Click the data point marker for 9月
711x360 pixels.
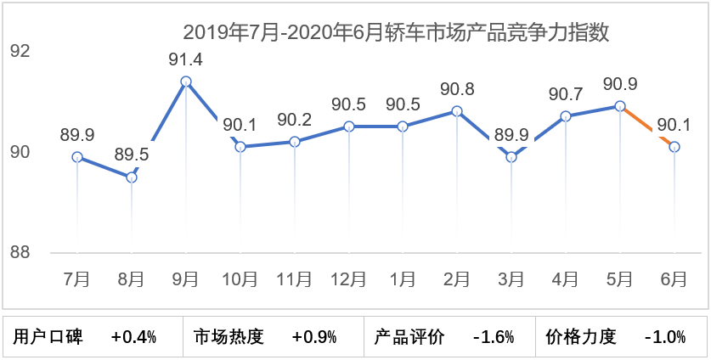click(x=186, y=82)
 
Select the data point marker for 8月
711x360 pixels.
click(x=132, y=177)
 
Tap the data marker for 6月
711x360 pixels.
click(x=674, y=147)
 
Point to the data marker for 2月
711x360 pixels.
click(x=457, y=111)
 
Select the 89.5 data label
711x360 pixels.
click(x=132, y=155)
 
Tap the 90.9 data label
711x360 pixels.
click(x=620, y=84)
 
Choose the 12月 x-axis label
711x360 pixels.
click(x=349, y=278)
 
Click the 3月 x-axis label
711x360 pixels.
click(x=511, y=278)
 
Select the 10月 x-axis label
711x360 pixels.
click(x=240, y=278)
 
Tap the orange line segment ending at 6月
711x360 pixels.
click(x=647, y=127)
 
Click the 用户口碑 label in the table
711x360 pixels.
click(x=48, y=337)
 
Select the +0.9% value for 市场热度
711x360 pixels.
click(x=314, y=337)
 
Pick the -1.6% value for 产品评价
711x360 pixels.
click(x=494, y=337)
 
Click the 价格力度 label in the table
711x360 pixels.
click(x=580, y=337)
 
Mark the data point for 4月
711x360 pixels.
click(x=566, y=116)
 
